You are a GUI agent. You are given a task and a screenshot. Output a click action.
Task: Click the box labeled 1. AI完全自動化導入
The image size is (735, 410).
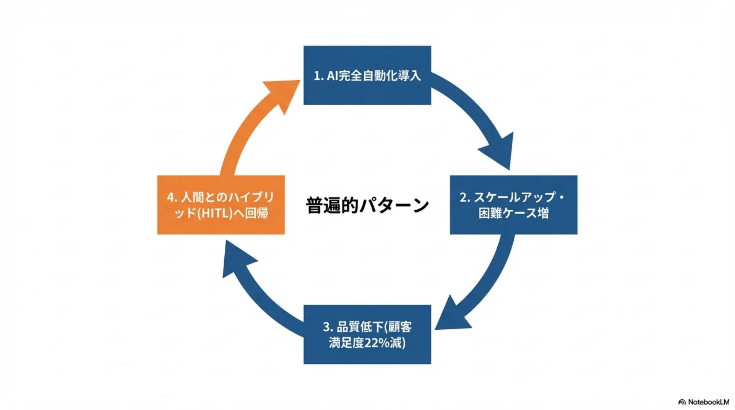point(367,75)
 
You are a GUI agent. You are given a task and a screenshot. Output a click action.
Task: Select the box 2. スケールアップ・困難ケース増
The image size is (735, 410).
point(513,205)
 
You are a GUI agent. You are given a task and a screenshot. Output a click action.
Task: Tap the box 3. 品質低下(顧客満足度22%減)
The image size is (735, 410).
point(367,334)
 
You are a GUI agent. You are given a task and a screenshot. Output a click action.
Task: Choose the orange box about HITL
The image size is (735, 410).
point(221,205)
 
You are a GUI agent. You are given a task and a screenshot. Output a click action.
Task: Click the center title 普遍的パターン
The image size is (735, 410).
point(367,205)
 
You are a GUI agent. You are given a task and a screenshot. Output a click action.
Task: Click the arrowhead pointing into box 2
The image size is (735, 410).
point(500,151)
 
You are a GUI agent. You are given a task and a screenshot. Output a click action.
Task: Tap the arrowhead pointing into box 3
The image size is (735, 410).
point(452,316)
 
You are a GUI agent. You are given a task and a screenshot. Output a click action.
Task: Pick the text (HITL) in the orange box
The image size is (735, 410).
point(215,213)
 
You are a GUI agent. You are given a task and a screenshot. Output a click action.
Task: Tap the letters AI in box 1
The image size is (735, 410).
point(332,76)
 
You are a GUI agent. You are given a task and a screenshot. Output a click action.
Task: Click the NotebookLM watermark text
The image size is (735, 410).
point(708,402)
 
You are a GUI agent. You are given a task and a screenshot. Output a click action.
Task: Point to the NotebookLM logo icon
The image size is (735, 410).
point(682,402)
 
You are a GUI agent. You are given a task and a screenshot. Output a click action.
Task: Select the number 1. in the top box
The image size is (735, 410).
point(318,76)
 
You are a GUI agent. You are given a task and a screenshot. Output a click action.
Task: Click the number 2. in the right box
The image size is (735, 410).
point(465,197)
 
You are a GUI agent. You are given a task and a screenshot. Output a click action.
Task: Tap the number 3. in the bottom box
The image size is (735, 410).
point(328,327)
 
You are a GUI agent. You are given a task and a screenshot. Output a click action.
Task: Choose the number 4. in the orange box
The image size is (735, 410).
point(172,197)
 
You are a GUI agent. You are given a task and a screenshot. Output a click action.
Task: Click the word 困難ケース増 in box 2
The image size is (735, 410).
point(513,213)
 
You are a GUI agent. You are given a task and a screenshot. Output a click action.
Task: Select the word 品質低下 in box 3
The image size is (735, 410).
point(359,327)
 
